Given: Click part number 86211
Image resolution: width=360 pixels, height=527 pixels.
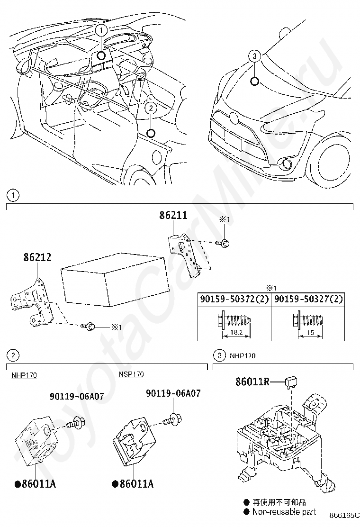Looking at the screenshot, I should [x=173, y=216].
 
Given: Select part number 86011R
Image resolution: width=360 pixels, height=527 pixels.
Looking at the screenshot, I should [x=252, y=381].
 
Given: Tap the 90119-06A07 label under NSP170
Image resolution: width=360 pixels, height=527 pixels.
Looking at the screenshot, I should [x=173, y=393].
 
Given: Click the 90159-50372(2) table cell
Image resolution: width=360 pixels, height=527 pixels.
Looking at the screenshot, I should [x=234, y=300].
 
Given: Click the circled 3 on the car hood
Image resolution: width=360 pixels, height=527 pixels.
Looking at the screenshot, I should [x=254, y=56].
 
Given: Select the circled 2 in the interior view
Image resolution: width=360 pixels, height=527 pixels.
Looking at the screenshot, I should [x=150, y=108].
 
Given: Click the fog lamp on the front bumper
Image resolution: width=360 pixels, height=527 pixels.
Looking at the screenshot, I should [x=286, y=164].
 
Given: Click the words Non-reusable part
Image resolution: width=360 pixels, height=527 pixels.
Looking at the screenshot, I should [x=284, y=512].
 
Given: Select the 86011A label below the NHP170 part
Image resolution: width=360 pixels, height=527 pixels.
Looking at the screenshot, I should [x=38, y=484].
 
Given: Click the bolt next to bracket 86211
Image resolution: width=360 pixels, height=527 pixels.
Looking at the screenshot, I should [x=225, y=243].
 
